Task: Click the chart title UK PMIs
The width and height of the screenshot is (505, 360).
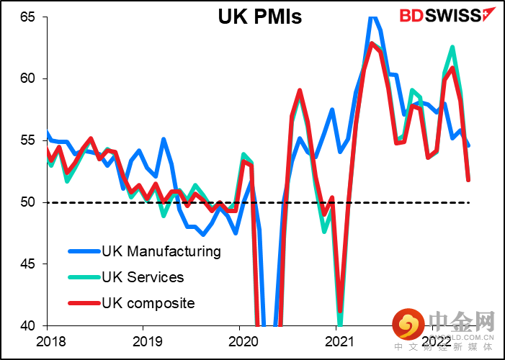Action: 260,17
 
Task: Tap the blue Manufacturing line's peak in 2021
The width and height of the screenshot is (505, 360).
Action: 372,17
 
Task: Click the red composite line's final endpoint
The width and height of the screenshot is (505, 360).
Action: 469,179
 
